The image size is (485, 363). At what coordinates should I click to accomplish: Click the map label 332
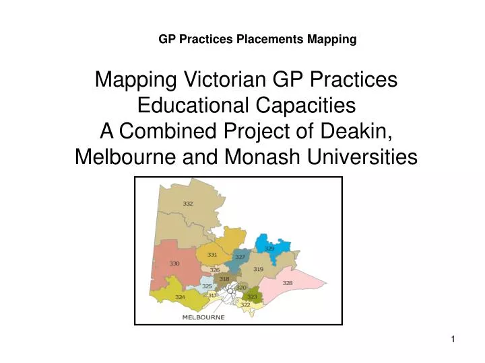(x=188, y=203)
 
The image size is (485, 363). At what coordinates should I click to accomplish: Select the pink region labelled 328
(x=288, y=283)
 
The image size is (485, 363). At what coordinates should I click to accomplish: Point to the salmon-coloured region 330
(x=174, y=264)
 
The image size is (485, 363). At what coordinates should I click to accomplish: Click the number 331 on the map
(x=212, y=255)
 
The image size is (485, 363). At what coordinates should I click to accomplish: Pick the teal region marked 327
(x=240, y=257)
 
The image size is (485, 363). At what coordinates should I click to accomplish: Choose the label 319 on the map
(x=258, y=269)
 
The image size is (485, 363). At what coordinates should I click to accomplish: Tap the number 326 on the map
(x=215, y=270)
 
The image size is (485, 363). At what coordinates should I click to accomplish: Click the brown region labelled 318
(x=224, y=278)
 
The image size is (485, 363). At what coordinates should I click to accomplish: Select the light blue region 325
(x=207, y=286)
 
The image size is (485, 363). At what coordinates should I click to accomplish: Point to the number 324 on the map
(x=180, y=296)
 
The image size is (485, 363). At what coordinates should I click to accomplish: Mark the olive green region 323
(x=252, y=296)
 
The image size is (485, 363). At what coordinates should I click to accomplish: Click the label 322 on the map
(x=245, y=305)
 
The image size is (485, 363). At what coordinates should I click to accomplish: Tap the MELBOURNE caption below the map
(x=203, y=317)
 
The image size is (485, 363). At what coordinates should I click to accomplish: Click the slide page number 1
(x=453, y=340)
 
